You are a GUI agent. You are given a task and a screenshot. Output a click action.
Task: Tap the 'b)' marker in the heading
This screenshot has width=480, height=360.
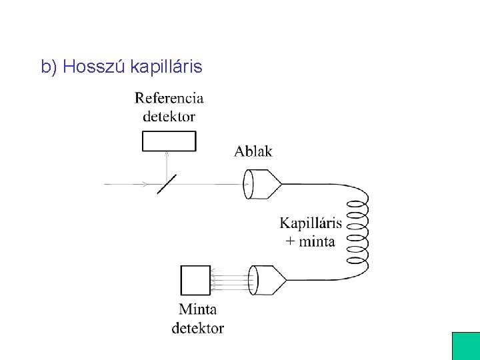pyautogui.click(x=49, y=67)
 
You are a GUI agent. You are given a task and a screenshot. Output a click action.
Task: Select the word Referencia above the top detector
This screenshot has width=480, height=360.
pyautogui.click(x=169, y=98)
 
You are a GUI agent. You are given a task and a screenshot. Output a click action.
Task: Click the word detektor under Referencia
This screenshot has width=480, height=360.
pyautogui.click(x=169, y=117)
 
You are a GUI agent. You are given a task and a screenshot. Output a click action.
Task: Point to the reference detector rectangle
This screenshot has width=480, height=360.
pyautogui.click(x=169, y=141)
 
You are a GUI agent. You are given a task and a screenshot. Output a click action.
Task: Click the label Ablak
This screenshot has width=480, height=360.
pyautogui.click(x=253, y=151)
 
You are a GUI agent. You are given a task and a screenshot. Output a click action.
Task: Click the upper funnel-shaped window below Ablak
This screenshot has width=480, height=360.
pyautogui.click(x=263, y=184)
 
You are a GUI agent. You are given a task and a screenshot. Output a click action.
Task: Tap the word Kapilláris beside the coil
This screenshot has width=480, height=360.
pyautogui.click(x=311, y=223)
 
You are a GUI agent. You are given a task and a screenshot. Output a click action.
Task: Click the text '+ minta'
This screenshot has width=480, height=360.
pyautogui.click(x=311, y=241)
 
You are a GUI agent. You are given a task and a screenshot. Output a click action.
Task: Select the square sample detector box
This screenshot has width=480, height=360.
pyautogui.click(x=195, y=280)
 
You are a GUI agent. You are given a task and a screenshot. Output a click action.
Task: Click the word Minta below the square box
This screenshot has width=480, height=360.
pyautogui.click(x=198, y=309)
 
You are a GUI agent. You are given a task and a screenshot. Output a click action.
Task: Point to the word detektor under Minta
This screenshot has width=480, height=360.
pyautogui.click(x=198, y=328)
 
